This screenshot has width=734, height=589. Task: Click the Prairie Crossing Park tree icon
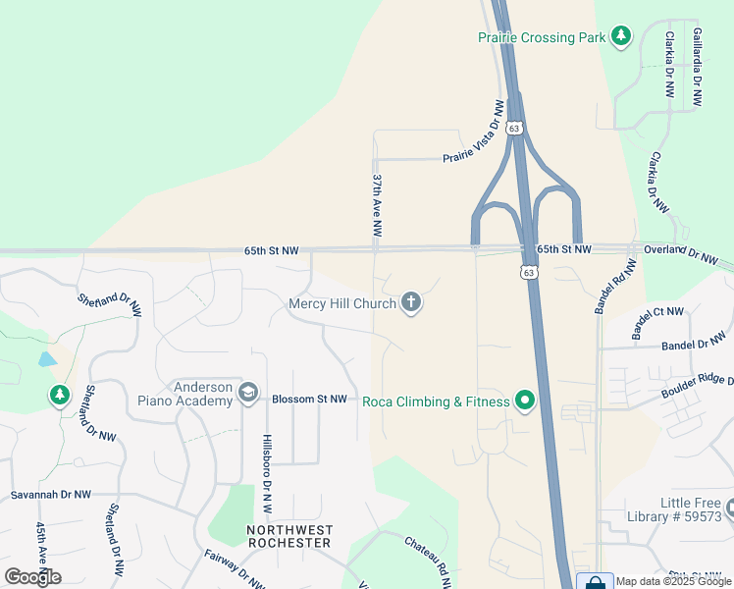click(x=620, y=36)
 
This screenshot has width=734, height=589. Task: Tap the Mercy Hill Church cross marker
click(x=411, y=303)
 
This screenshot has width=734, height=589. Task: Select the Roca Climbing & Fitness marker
click(x=524, y=401)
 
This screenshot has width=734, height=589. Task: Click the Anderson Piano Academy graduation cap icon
click(x=248, y=394)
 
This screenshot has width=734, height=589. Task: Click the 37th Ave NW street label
click(x=376, y=205)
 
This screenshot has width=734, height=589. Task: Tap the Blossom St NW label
click(x=309, y=399)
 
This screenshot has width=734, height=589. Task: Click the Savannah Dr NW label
click(x=51, y=495)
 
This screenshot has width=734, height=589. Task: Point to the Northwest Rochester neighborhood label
click(x=289, y=536)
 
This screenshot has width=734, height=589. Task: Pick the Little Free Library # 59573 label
click(x=677, y=509)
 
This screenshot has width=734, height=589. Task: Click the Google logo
click(x=32, y=576)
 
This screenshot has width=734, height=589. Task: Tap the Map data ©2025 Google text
click(x=673, y=581)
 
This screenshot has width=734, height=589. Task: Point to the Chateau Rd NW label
click(x=428, y=561)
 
